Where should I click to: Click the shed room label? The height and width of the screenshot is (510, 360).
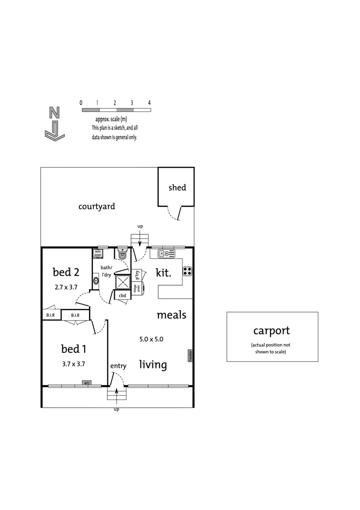coord(177,187)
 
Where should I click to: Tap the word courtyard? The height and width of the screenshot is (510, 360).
coord(97,206)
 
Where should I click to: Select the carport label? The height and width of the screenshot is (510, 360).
coord(271,331)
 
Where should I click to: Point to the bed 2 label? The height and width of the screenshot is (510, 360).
coord(66,272)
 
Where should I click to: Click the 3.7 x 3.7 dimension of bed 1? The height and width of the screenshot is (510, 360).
coord(73,364)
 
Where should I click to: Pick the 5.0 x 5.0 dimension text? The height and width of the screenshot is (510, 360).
coord(151,339)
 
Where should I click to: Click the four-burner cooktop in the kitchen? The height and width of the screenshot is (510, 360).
coord(187,271)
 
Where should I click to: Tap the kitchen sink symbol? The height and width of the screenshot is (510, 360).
coord(167,254)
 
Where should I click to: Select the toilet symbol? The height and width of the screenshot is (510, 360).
coord(123,254)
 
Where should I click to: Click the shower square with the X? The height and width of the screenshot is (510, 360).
coord(124,282)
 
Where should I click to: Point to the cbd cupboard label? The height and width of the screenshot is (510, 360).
coord(122,296)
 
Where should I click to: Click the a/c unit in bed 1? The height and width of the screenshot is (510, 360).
coord(87,383)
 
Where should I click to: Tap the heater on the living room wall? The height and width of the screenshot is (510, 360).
coord(190,355)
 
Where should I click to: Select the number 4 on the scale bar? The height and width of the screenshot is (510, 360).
coord(149,102)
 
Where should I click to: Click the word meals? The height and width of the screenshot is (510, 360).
coord(171,315)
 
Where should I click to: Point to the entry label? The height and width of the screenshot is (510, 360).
coord(118,366)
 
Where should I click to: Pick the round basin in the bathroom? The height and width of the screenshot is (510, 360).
coord(96,280)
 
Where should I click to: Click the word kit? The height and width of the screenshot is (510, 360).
coord(163,272)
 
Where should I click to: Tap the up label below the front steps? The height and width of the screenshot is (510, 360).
coord(117,409)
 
